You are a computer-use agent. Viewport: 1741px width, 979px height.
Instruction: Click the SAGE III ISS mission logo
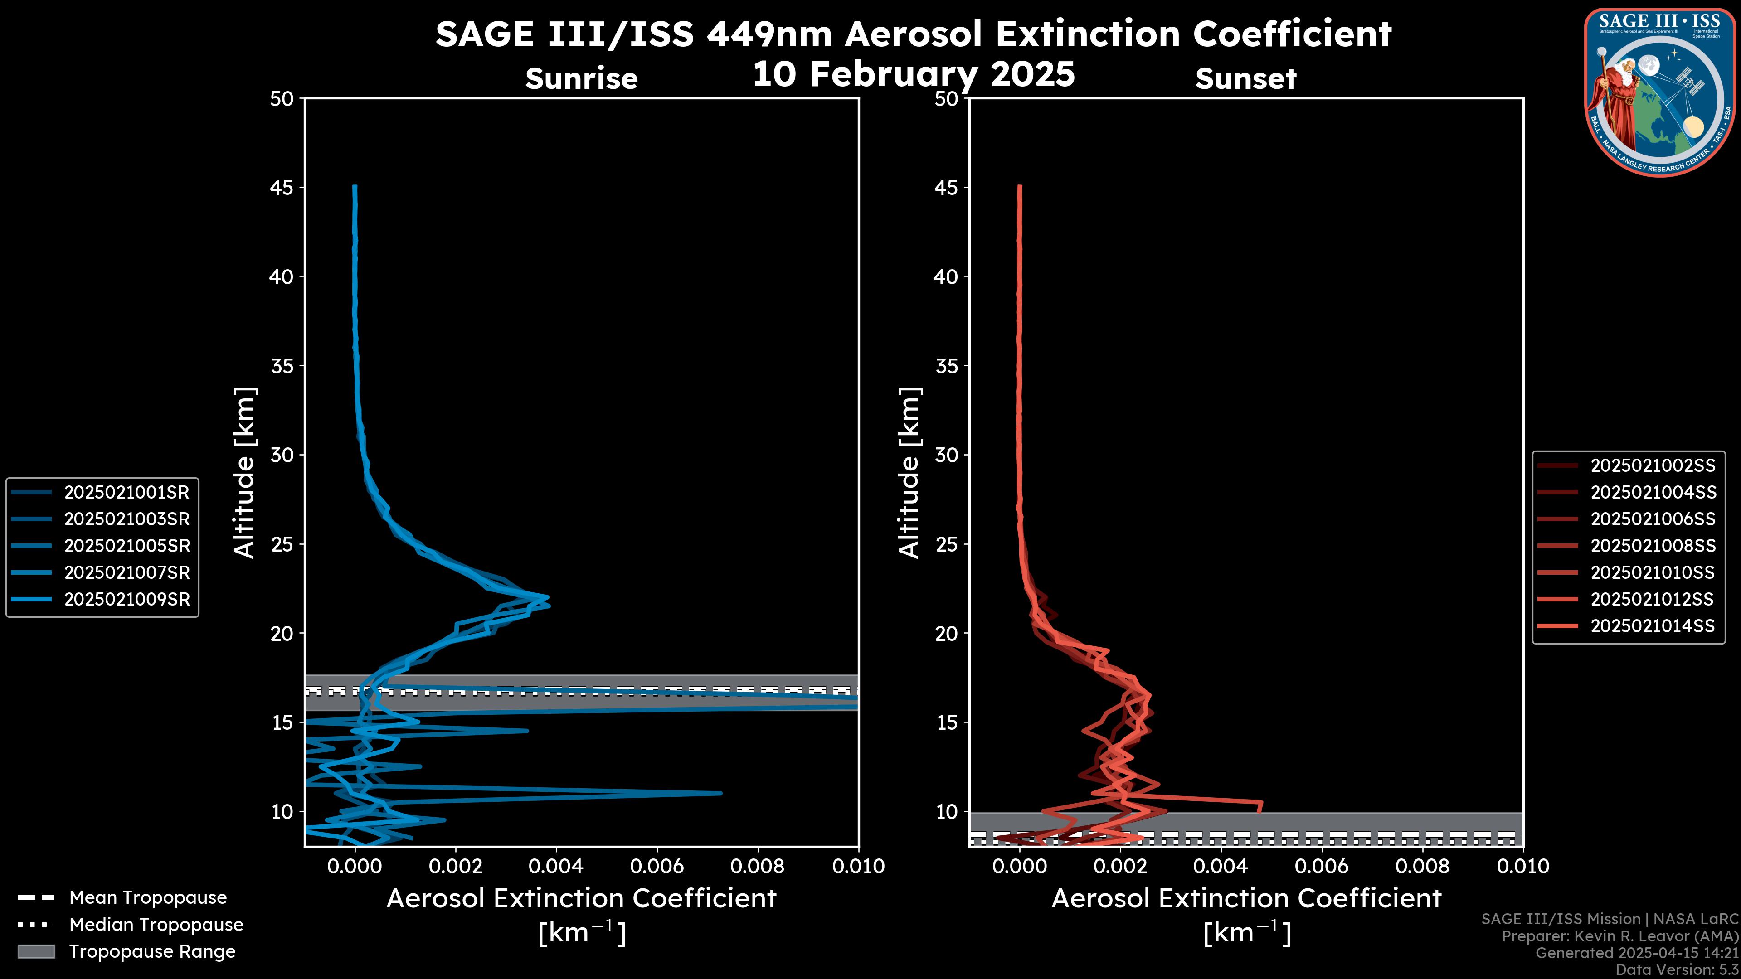tap(1658, 92)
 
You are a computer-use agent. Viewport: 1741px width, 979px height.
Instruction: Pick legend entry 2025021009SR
tap(126, 599)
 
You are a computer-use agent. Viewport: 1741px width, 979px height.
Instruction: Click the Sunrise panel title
tap(581, 79)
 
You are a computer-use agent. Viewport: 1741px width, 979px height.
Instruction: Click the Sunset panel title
tap(1245, 79)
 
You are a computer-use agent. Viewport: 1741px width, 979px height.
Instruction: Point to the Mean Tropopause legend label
tap(148, 897)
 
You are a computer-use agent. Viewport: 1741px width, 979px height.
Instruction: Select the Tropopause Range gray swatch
tap(36, 951)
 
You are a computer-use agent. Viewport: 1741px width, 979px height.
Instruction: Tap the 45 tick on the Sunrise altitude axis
tap(282, 187)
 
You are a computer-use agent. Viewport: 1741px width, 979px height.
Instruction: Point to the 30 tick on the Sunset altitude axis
tap(947, 455)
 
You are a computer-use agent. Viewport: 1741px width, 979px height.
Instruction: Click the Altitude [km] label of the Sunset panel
tap(909, 473)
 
